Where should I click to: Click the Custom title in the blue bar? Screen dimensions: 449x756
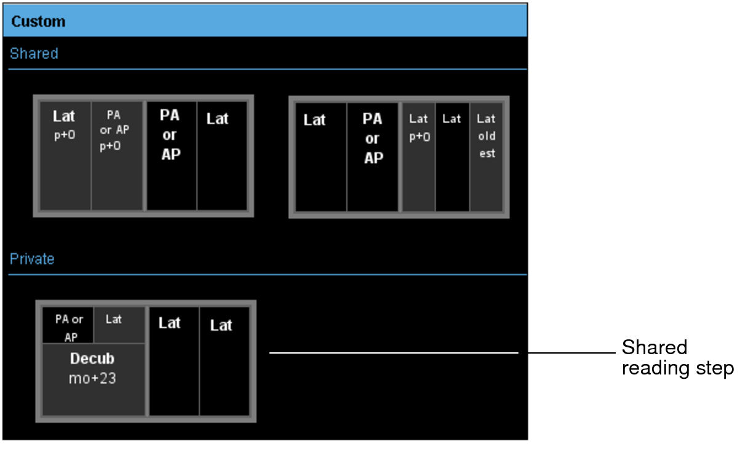pos(38,22)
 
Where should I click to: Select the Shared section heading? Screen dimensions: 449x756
pos(34,54)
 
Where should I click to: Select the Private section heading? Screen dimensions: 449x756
pos(32,259)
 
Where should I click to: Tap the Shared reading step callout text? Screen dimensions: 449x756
pos(677,358)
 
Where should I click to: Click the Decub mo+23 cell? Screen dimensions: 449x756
pos(93,379)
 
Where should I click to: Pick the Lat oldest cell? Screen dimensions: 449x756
pos(486,156)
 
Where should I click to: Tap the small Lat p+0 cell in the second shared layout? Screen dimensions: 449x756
pos(418,156)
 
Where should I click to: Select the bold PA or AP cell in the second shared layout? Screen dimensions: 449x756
pos(373,156)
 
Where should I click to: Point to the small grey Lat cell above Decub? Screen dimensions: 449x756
pos(119,325)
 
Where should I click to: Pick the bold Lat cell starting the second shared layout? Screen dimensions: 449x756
pos(321,156)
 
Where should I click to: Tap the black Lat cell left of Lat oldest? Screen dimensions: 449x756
pos(452,156)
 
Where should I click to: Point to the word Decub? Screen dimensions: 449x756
pos(92,359)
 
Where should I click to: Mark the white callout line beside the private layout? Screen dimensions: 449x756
pos(394,353)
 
